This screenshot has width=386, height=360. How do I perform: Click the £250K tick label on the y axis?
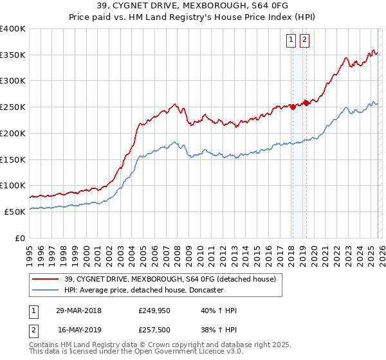(13, 107)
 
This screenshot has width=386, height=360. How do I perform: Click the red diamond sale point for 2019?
(306, 103)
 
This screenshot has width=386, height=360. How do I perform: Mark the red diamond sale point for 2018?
(293, 107)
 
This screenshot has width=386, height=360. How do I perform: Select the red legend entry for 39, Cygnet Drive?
(170, 279)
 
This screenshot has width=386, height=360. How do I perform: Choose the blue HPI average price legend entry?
(143, 290)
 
